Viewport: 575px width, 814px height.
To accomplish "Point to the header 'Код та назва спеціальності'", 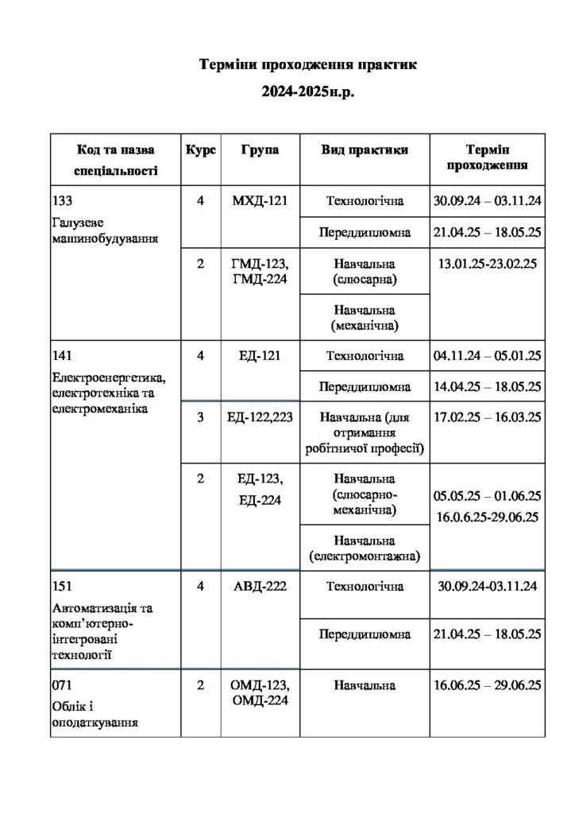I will (x=115, y=159).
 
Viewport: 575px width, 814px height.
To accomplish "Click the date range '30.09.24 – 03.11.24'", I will (x=487, y=200).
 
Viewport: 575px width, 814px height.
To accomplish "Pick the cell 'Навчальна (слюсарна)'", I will (x=365, y=271).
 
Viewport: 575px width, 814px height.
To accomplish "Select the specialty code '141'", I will (x=62, y=355).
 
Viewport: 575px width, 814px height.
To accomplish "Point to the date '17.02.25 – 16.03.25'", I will (x=487, y=417).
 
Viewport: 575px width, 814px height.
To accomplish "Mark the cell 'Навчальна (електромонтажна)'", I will (x=365, y=548).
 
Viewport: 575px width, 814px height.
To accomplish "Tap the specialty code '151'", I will (x=62, y=587).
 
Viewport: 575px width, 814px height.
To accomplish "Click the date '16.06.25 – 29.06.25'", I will (x=487, y=685).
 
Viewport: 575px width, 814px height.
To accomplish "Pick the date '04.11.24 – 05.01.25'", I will (x=487, y=355).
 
